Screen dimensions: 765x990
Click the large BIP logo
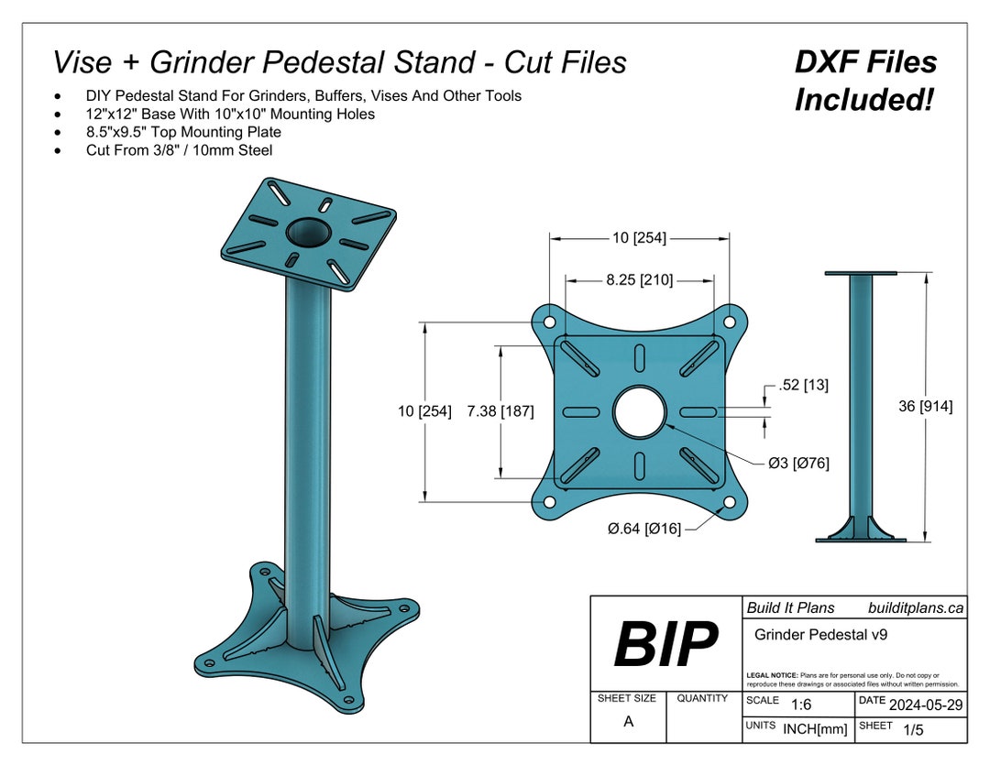[x=665, y=643]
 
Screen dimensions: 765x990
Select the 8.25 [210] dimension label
[x=639, y=280]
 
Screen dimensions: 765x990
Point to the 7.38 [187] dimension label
[x=500, y=411]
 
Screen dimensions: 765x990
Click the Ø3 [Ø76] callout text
[x=798, y=463]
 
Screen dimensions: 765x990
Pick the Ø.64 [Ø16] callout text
[x=643, y=529]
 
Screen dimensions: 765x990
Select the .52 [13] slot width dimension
[x=803, y=386]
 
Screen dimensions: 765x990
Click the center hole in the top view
[x=640, y=411]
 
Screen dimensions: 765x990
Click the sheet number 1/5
[x=913, y=730]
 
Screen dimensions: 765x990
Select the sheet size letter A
[x=628, y=721]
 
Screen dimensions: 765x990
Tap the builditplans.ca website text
[x=915, y=607]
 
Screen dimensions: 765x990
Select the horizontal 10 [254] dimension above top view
[x=639, y=238]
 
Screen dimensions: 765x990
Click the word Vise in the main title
[x=83, y=62]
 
